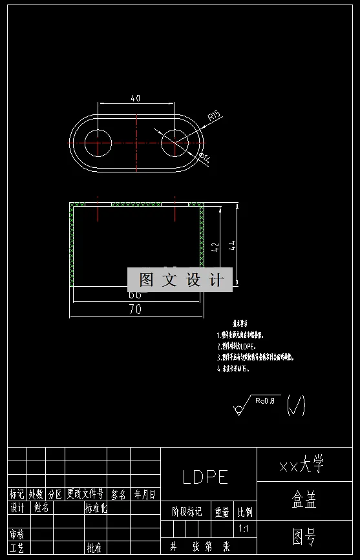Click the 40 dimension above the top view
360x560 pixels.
coord(136,99)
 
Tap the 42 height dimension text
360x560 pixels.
coord(215,246)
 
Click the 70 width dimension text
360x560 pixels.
coord(135,309)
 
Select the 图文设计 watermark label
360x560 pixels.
coord(180,280)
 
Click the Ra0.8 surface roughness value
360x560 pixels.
coord(265,400)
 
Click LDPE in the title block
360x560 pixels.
coord(206,477)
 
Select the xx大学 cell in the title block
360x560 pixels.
coord(301,464)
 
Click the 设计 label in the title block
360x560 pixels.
coord(17,508)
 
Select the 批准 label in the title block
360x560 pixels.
coord(94,548)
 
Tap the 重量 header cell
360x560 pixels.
coord(222,512)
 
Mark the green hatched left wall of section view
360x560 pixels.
coord(72,245)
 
